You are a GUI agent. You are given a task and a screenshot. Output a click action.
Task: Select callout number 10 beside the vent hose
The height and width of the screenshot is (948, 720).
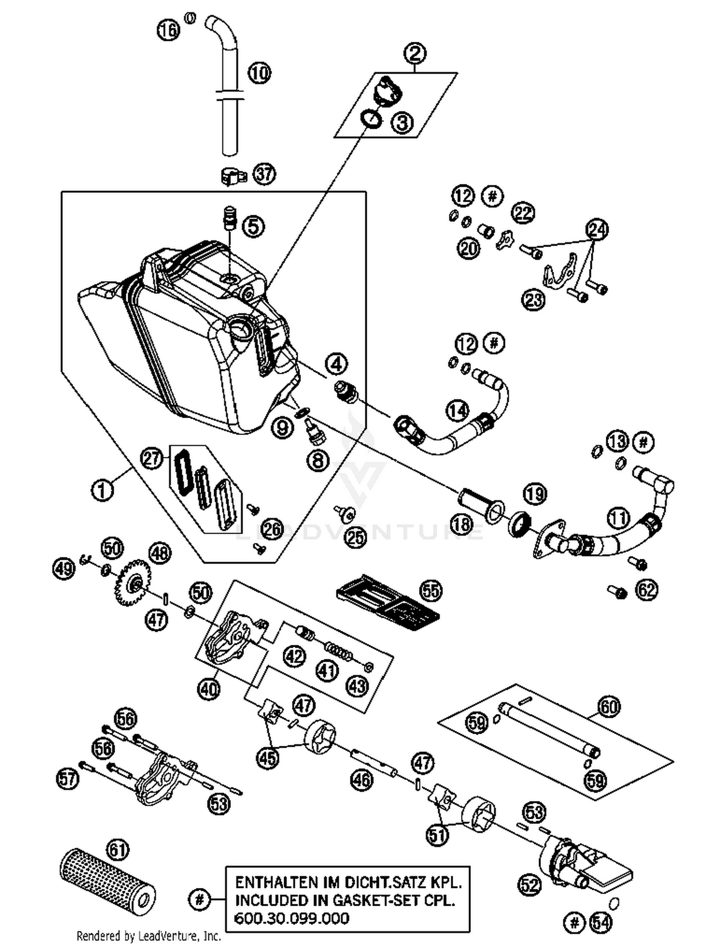click(259, 73)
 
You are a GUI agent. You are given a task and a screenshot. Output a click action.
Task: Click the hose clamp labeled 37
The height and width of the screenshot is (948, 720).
click(233, 176)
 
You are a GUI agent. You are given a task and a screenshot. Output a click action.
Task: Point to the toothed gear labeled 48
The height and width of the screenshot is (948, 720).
click(133, 585)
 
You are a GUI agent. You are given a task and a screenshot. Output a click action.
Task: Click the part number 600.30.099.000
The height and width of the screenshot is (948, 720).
click(291, 918)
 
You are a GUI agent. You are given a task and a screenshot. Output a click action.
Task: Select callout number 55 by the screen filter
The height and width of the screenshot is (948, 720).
click(431, 591)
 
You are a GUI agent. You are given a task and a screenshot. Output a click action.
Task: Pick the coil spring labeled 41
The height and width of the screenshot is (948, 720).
click(339, 651)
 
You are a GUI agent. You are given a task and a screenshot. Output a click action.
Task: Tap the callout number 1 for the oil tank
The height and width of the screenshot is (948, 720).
click(102, 490)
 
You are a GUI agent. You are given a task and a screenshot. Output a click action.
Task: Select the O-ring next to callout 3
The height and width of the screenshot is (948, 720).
click(372, 118)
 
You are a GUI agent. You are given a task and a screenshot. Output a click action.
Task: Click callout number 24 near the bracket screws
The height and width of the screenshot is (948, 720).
click(597, 230)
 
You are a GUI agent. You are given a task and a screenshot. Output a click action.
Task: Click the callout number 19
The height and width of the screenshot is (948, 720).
click(535, 493)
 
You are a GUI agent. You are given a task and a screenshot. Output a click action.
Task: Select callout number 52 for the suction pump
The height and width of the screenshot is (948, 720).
click(529, 885)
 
